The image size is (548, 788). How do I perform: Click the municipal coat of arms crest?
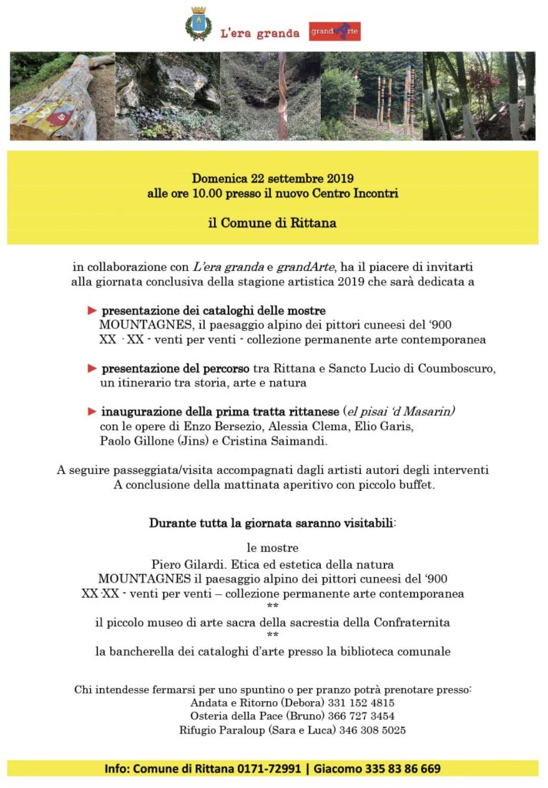[198, 24]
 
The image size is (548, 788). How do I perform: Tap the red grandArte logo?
[334, 32]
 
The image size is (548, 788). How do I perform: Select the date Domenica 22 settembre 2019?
[272, 179]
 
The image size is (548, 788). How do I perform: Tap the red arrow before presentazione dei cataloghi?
[92, 310]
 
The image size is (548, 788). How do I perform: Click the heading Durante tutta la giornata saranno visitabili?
[272, 523]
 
